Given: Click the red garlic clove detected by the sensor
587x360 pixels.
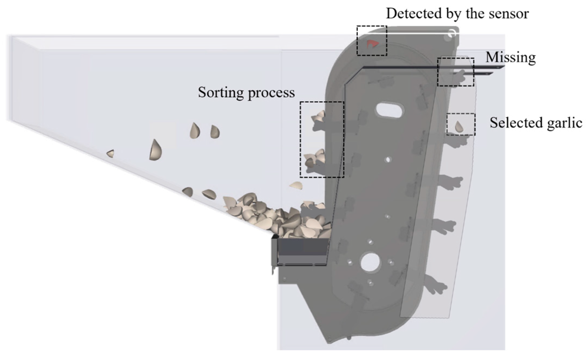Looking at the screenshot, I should tap(372, 44).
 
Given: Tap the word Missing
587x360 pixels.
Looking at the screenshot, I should tap(510, 57).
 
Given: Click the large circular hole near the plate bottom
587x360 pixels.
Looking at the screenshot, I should tap(370, 262).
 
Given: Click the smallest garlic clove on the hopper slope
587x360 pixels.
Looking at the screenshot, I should tap(111, 154).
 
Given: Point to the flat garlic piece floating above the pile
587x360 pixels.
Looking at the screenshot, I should tap(296, 185).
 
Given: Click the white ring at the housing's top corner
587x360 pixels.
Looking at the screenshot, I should tap(452, 33).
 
